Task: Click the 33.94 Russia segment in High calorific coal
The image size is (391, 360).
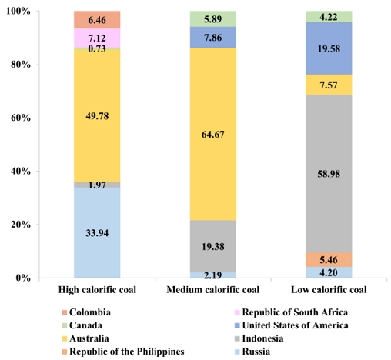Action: pyautogui.click(x=97, y=232)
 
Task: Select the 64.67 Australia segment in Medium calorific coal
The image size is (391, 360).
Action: pyautogui.click(x=213, y=134)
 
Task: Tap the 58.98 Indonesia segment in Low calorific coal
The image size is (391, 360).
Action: pyautogui.click(x=329, y=174)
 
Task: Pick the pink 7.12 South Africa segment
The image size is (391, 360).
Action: pyautogui.click(x=97, y=38)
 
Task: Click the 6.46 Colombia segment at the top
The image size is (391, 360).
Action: pyautogui.click(x=97, y=20)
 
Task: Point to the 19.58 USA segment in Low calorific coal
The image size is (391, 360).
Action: pyautogui.click(x=329, y=48)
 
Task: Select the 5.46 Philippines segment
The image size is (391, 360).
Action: pyautogui.click(x=329, y=260)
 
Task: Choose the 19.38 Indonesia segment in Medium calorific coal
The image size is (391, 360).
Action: pyautogui.click(x=213, y=246)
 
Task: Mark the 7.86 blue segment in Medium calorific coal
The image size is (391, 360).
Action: pyautogui.click(x=213, y=38)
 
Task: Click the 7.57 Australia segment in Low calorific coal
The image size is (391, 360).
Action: pyautogui.click(x=329, y=85)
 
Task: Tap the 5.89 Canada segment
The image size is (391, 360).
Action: pyautogui.click(x=213, y=19)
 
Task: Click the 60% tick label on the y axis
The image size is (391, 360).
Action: pyautogui.click(x=21, y=118)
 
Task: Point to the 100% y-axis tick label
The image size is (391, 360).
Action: pyautogui.click(x=18, y=12)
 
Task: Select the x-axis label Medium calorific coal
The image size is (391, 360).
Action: pyautogui.click(x=213, y=290)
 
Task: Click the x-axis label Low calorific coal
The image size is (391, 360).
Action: pyautogui.click(x=329, y=290)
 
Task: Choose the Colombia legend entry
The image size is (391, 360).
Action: pyautogui.click(x=86, y=312)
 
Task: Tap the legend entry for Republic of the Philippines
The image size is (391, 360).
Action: pyautogui.click(x=123, y=352)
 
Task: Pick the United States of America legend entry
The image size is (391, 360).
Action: pyautogui.click(x=292, y=325)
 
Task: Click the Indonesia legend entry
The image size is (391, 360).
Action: pyautogui.click(x=259, y=338)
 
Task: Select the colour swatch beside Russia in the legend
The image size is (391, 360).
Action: pyautogui.click(x=237, y=352)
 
